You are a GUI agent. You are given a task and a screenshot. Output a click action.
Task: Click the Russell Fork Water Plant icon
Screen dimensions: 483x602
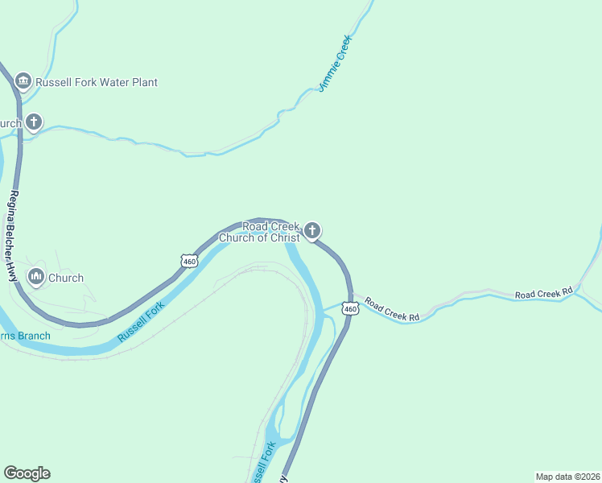pos(23,82)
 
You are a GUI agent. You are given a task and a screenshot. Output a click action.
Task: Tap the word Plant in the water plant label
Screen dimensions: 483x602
pos(141,82)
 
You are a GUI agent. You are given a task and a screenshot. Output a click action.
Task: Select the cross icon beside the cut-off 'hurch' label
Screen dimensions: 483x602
pos(33,122)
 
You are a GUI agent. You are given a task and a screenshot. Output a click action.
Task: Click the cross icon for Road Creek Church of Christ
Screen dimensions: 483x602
pos(312,232)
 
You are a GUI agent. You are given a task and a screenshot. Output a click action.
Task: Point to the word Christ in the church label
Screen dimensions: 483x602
pos(284,237)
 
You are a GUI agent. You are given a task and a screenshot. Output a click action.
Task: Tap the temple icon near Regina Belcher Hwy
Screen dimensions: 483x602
pos(35,278)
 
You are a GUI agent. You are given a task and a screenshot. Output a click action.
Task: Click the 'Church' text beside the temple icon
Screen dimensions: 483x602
pos(66,278)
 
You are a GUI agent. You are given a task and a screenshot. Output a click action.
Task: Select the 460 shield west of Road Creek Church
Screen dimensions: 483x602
pos(189,261)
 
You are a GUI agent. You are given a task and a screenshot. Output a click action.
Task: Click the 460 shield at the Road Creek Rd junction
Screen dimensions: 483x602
pos(349,308)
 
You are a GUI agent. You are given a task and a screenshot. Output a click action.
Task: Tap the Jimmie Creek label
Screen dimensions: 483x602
pos(336,63)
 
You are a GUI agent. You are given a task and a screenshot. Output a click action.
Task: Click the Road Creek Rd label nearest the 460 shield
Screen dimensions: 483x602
pos(392,310)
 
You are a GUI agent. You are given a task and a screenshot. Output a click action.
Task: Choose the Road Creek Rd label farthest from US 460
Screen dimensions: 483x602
pos(543,293)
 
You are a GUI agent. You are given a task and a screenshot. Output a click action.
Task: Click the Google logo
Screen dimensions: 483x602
pos(27,473)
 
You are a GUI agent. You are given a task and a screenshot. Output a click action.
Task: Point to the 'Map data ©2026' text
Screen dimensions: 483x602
pos(567,476)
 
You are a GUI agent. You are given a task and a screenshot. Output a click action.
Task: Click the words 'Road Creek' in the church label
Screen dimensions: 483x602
pos(271,227)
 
